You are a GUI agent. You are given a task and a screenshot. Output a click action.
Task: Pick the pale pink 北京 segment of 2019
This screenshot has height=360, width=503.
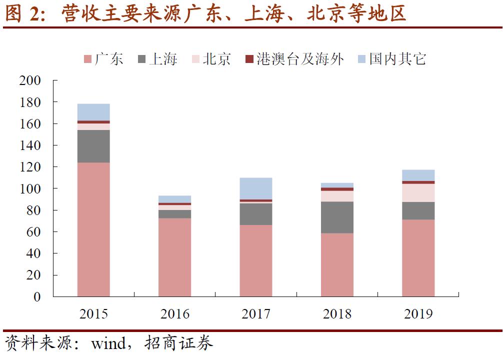pyautogui.click(x=418, y=193)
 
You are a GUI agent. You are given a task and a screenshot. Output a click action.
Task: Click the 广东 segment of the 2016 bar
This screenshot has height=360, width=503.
pyautogui.click(x=174, y=257)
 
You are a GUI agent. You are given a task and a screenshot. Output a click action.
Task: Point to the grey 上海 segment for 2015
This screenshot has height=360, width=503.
pyautogui.click(x=93, y=146)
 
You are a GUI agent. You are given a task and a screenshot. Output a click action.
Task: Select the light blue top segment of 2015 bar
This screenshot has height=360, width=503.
pyautogui.click(x=93, y=112)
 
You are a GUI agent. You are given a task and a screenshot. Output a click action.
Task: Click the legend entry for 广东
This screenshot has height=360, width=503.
pyautogui.click(x=103, y=59)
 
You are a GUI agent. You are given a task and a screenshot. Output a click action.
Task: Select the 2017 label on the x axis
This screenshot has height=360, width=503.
pyautogui.click(x=256, y=314)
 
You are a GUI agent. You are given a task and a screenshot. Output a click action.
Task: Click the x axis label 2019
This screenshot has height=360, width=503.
pyautogui.click(x=418, y=314)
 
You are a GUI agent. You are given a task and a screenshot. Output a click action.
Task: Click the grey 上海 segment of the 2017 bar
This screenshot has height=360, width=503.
pyautogui.click(x=256, y=214)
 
